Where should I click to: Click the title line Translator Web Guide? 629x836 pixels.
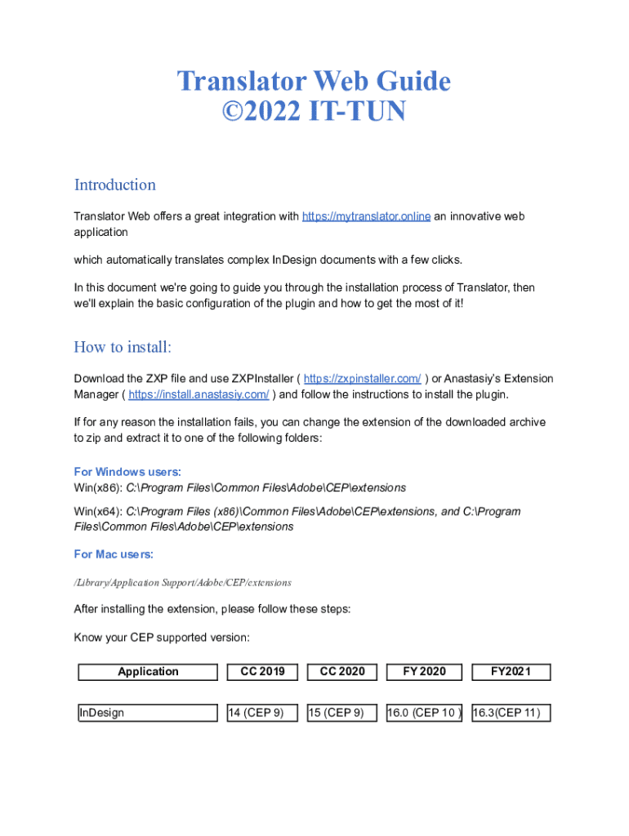pos(314,82)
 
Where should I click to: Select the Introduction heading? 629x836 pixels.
pos(114,185)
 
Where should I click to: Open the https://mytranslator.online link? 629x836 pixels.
pos(366,216)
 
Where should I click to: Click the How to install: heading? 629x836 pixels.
pos(123,347)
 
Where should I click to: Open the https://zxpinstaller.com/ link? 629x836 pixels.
pos(362,379)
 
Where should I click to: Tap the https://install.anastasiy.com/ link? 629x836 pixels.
pos(199,394)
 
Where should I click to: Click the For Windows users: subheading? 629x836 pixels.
pos(127,472)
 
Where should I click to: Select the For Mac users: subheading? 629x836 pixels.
pos(114,554)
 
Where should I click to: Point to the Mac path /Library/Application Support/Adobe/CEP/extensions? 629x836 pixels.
pos(182,583)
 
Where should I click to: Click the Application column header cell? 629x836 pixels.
pos(148,672)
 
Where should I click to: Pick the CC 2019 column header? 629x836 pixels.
pos(262,672)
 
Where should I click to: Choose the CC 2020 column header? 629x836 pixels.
pos(342,672)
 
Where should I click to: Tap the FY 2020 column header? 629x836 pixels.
pos(424,672)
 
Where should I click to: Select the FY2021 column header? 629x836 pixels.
pos(511,672)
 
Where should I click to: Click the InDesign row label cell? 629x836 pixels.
pos(148,713)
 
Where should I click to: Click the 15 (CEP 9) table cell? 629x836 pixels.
pos(342,713)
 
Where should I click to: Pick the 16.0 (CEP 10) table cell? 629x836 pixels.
pos(424,713)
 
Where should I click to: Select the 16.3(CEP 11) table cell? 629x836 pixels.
pos(511,713)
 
